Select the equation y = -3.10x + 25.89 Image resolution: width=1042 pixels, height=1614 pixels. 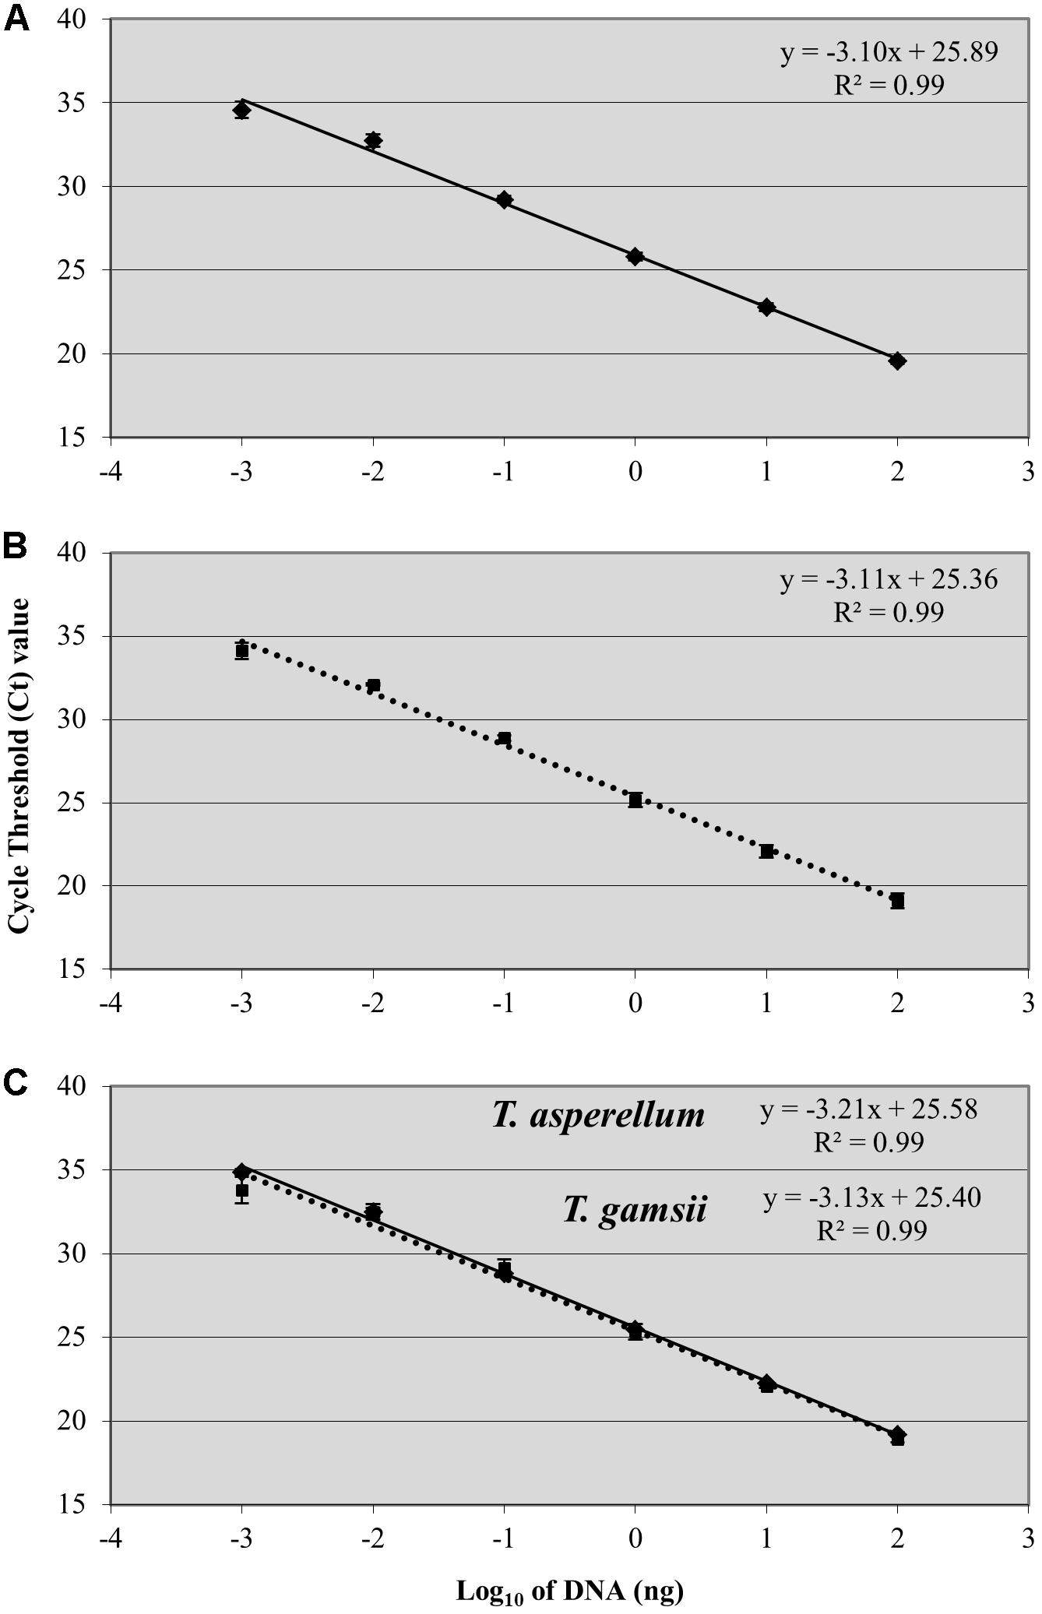coord(889,52)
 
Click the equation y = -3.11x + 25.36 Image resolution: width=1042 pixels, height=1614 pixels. coord(889,580)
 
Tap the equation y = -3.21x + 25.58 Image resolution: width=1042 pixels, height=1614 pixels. coord(868,1109)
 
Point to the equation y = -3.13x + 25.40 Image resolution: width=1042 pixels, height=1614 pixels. coord(871,1197)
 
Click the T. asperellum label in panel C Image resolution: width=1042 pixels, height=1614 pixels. coord(598,1116)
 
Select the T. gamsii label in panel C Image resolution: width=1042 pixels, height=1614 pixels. coord(635,1211)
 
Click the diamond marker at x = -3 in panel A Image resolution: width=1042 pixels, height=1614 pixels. coord(241,111)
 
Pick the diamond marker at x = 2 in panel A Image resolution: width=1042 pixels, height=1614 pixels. coord(897,360)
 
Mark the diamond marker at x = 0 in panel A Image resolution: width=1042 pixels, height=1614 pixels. coord(635,256)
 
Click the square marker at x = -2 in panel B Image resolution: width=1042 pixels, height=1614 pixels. coord(373,685)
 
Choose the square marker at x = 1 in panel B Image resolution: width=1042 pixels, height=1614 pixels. coord(766,851)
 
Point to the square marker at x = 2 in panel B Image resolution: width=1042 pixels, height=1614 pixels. coord(897,901)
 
